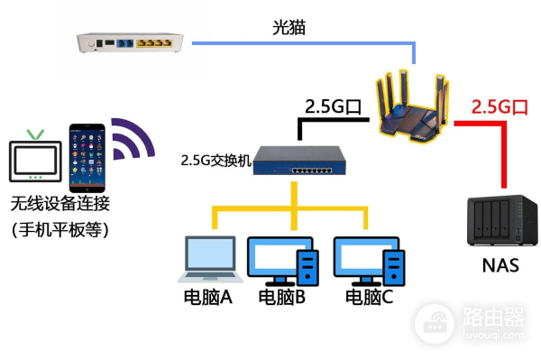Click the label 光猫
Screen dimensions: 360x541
tap(289, 28)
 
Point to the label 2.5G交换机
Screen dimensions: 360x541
tap(215, 162)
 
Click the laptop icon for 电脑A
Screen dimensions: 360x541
tap(209, 260)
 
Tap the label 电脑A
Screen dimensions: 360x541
tap(208, 297)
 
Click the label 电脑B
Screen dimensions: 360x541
tap(283, 297)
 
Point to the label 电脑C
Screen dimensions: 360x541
tap(369, 297)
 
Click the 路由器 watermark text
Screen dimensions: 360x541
tap(492, 317)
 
